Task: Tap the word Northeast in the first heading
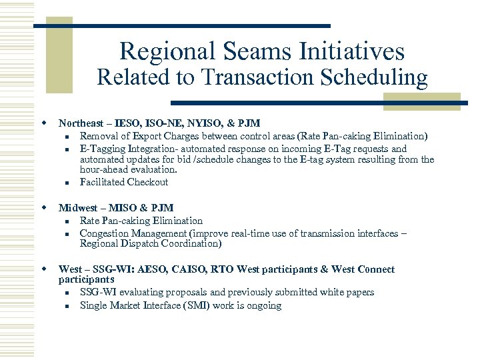(x=81, y=123)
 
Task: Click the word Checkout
(x=148, y=182)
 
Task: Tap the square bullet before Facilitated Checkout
(x=67, y=183)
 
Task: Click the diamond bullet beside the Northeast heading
(x=43, y=123)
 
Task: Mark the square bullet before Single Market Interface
(x=67, y=306)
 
